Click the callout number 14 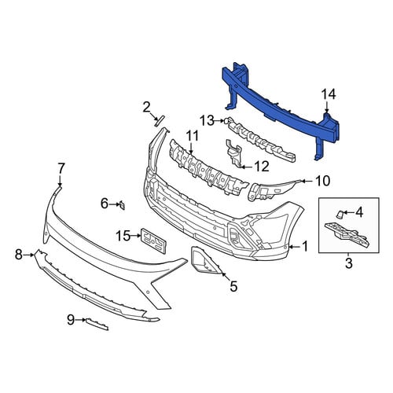point(329,94)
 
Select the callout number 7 point(61,168)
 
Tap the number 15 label point(123,236)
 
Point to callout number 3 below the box point(349,263)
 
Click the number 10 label point(323,181)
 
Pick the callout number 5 point(233,286)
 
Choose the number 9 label point(71,320)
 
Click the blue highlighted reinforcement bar point(281,110)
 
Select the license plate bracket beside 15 point(154,241)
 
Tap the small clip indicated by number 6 point(122,205)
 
